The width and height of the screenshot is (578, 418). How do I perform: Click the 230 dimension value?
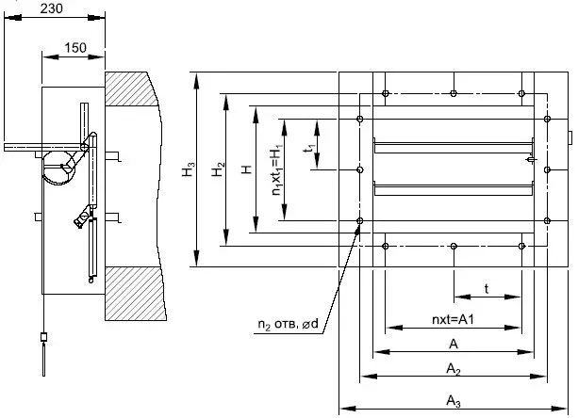[x=51, y=8]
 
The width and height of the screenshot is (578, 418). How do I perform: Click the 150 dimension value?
[x=75, y=47]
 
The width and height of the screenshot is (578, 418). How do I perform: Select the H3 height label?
[x=189, y=169]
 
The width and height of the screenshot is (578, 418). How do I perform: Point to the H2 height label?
[x=218, y=169]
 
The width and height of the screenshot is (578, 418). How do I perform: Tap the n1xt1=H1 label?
[x=277, y=169]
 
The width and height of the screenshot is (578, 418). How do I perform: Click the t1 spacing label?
[x=310, y=148]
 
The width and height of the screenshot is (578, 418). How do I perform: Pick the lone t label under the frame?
[x=487, y=289]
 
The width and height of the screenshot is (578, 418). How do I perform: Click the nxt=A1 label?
[x=453, y=319]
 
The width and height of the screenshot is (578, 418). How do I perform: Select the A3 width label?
[x=454, y=401]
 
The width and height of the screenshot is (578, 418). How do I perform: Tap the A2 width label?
[x=454, y=369]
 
